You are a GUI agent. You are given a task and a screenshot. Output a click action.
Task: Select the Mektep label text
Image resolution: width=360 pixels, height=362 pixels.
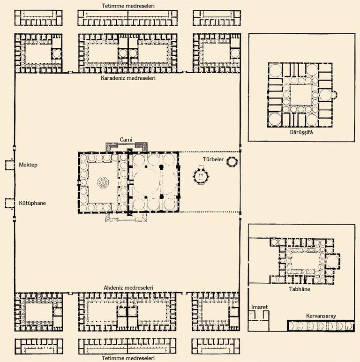point(28,165)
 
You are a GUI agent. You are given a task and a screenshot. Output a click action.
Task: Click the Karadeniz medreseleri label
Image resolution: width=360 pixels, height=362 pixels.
point(128,78)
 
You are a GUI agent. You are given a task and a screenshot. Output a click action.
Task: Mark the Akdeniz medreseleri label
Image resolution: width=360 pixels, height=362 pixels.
point(128,287)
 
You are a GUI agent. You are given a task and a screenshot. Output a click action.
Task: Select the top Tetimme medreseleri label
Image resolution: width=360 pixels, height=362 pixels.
point(128,5)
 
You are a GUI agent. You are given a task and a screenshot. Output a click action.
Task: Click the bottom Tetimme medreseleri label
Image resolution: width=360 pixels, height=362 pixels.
point(128,358)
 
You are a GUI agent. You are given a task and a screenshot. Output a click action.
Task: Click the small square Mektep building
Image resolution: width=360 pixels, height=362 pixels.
point(10,165)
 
